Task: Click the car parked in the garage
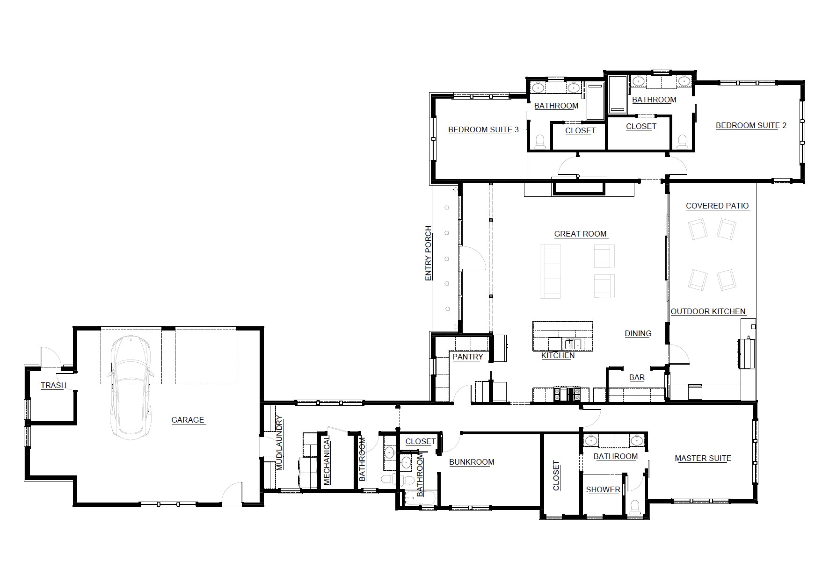131,388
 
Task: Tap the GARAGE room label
188,420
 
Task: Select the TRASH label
53,385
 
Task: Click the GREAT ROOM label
580,234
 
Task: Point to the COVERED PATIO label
717,206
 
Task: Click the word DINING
638,333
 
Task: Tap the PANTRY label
467,357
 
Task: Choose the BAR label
637,377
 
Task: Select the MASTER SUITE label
703,458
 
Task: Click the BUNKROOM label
472,462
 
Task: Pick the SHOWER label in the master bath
603,489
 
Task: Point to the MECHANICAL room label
327,460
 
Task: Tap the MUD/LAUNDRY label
279,443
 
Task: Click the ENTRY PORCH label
428,254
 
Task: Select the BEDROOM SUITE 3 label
483,129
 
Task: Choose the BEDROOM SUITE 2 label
751,125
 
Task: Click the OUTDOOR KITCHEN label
708,311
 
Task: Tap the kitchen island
563,336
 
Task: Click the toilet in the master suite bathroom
635,507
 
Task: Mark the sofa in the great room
550,271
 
